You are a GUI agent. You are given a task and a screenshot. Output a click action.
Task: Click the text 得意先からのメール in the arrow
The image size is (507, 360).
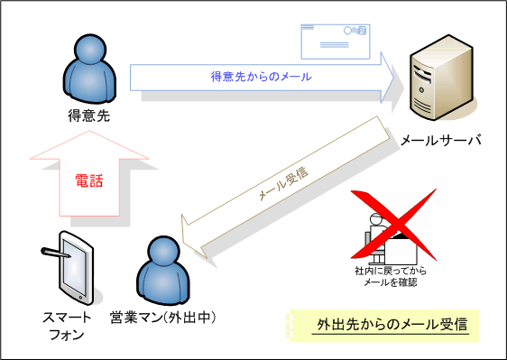pyautogui.click(x=261, y=77)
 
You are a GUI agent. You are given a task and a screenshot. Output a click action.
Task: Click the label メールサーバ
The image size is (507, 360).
pyautogui.click(x=440, y=141)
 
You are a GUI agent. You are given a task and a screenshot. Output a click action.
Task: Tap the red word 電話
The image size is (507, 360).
pyautogui.click(x=88, y=180)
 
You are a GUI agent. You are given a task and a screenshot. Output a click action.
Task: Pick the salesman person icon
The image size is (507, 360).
pyautogui.click(x=162, y=271)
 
